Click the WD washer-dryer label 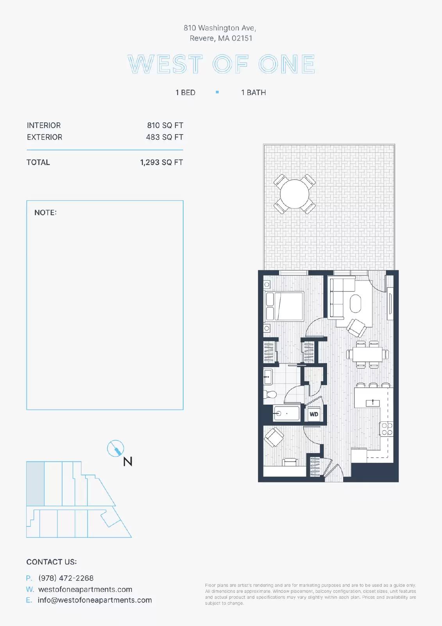click(x=314, y=414)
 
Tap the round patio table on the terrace click(x=295, y=194)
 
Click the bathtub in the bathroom click(x=286, y=413)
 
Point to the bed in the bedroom click(x=285, y=306)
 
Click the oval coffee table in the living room click(x=356, y=304)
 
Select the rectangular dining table click(x=367, y=354)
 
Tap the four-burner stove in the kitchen click(x=387, y=429)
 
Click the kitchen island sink click(x=373, y=403)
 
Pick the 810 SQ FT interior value click(x=165, y=126)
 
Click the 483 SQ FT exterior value click(x=165, y=137)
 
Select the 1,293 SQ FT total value click(x=161, y=162)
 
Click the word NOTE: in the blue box click(x=45, y=213)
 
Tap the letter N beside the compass click(x=128, y=461)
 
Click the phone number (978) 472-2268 click(x=66, y=578)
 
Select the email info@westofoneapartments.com click(x=95, y=600)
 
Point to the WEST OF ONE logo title click(x=222, y=64)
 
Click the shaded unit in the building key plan click(x=35, y=484)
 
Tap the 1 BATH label click(x=254, y=92)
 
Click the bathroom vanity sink click(x=268, y=377)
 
